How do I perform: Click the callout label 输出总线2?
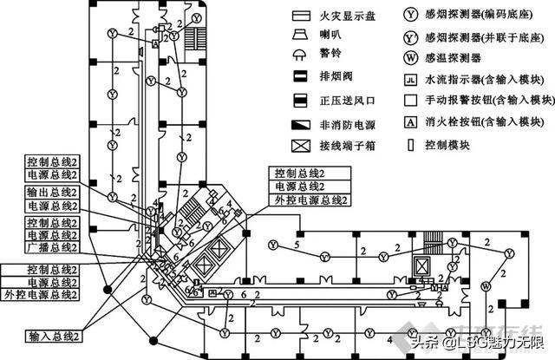pyautogui.click(x=51, y=191)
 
